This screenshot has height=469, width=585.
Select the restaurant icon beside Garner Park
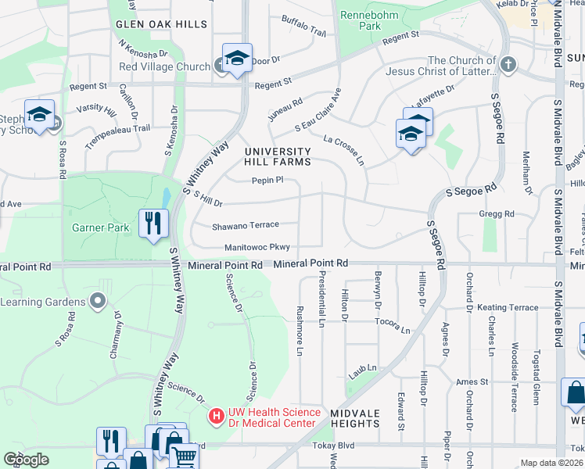click(153, 224)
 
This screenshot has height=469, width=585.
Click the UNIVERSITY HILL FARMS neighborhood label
click(277, 156)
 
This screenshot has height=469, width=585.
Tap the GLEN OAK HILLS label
click(161, 24)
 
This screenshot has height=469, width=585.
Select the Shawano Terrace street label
click(245, 225)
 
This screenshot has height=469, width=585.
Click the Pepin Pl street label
click(266, 180)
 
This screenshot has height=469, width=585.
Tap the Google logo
click(25, 460)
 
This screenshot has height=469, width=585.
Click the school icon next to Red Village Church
click(237, 59)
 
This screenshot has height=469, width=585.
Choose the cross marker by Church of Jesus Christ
click(508, 65)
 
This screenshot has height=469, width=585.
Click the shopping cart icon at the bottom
click(184, 456)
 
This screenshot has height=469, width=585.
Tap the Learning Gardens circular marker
click(97, 300)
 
